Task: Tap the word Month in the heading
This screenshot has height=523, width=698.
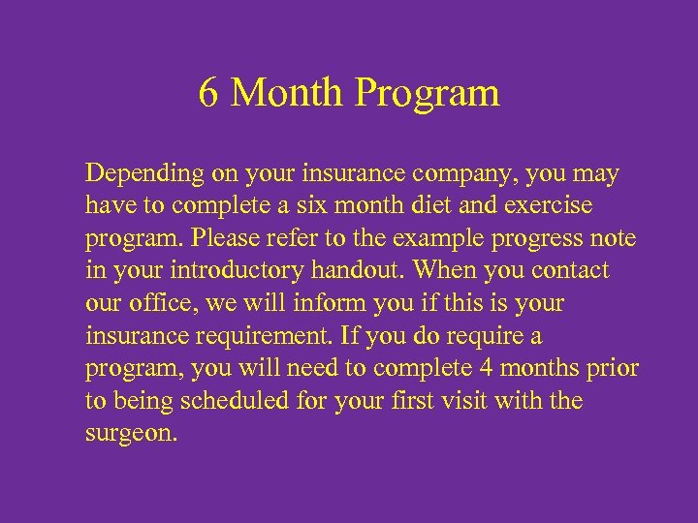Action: (288, 94)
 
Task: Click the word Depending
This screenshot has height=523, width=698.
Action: (144, 176)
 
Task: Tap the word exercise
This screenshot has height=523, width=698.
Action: (550, 207)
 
